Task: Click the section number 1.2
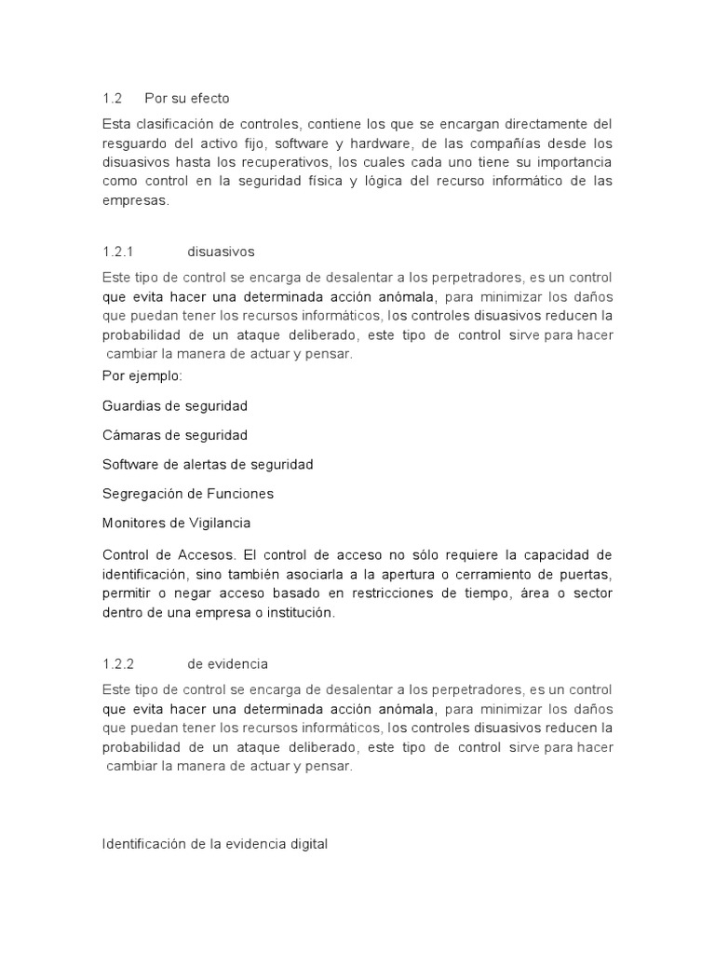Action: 112,98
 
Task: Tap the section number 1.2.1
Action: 118,252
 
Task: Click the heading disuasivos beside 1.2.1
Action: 221,252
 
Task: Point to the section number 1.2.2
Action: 118,663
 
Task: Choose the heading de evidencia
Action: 227,663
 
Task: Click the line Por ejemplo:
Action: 142,376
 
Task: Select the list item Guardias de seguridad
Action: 174,406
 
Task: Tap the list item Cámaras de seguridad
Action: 174,435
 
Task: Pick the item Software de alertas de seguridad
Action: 208,464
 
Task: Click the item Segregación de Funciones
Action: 187,493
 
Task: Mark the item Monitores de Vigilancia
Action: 176,523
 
